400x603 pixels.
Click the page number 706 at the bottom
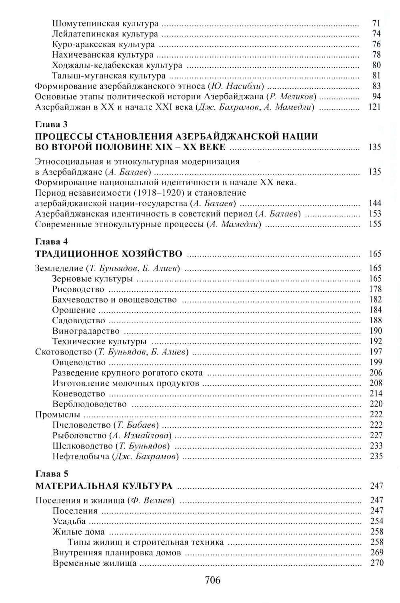click(x=212, y=580)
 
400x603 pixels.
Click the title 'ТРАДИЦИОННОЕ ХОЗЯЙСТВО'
click(x=109, y=254)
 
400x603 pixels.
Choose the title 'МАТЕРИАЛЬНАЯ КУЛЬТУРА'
click(x=104, y=486)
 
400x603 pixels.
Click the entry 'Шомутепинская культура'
click(x=105, y=24)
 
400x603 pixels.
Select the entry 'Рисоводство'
click(x=78, y=289)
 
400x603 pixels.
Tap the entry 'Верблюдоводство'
click(x=89, y=404)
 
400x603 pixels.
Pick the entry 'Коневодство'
click(x=78, y=394)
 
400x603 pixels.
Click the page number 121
click(x=374, y=107)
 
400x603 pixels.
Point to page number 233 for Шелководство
click(x=376, y=446)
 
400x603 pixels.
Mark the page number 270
click(x=376, y=563)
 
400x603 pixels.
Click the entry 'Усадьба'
click(x=69, y=521)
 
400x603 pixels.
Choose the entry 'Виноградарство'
click(x=86, y=331)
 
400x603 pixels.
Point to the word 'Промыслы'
click(x=58, y=415)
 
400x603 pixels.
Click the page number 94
click(x=376, y=96)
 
